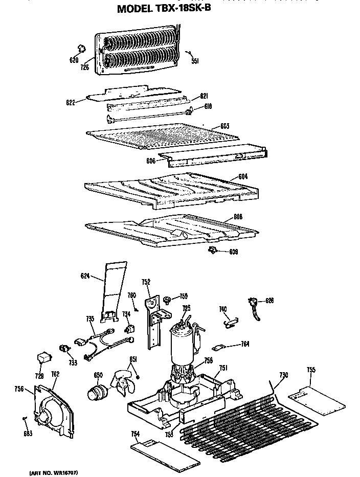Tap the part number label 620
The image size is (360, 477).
(x=74, y=60)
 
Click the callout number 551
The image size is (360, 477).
(x=195, y=61)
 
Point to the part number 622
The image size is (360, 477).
(x=71, y=102)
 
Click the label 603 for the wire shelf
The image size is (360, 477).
(x=224, y=126)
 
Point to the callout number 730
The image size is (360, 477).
(x=283, y=375)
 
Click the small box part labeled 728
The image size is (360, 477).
(x=44, y=358)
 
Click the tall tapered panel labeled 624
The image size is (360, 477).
(x=112, y=291)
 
